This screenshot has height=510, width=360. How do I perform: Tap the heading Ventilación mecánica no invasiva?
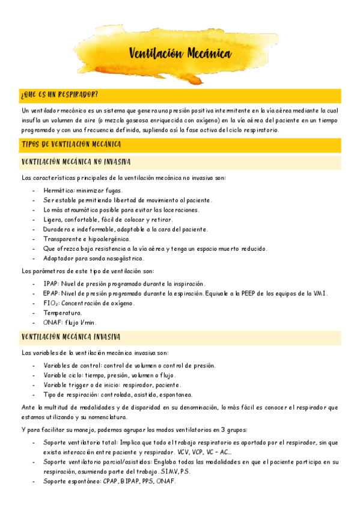76,162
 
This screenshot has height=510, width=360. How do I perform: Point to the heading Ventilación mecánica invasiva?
71,336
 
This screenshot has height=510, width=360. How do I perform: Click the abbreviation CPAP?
111,481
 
